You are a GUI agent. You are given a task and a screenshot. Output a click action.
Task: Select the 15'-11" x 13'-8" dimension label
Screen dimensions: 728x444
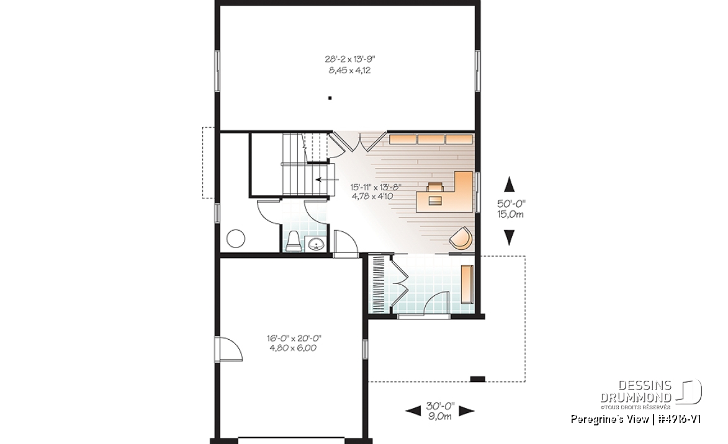click(376, 187)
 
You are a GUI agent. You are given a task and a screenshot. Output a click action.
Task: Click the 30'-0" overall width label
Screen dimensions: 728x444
click(439, 406)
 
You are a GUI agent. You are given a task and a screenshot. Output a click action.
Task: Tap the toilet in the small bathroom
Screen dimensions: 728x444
click(294, 241)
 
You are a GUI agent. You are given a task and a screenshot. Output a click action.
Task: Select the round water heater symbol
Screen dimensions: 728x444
click(236, 239)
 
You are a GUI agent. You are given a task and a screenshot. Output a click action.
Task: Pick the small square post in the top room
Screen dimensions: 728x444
click(330, 98)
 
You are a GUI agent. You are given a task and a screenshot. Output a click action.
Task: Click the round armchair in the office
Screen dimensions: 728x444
click(461, 239)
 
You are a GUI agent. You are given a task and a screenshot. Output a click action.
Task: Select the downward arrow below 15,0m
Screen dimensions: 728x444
click(510, 237)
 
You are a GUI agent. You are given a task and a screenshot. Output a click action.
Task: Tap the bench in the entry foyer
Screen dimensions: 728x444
click(466, 284)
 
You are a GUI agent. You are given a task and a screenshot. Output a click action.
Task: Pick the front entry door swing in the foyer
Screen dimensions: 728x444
click(437, 303)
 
